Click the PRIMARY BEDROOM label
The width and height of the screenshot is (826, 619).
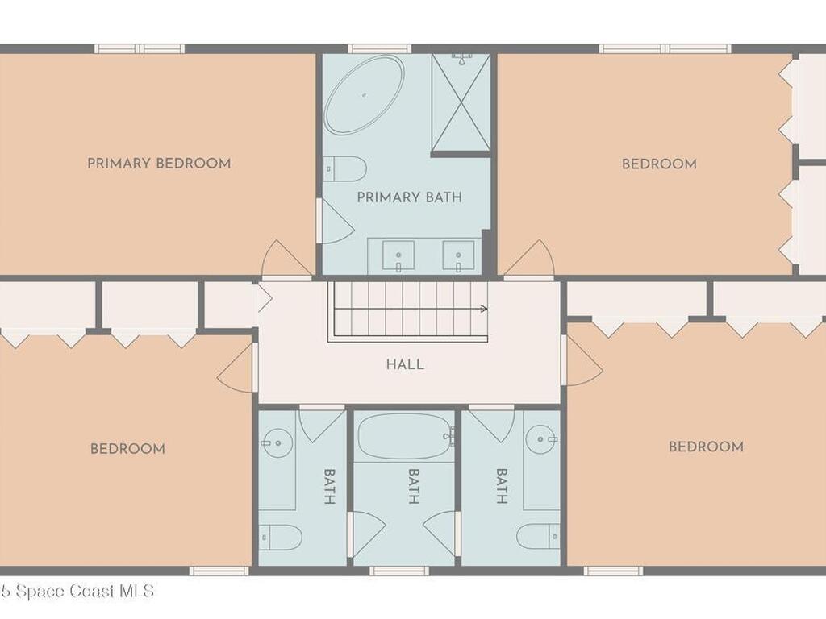click(x=159, y=164)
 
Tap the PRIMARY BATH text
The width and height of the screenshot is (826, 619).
click(x=409, y=197)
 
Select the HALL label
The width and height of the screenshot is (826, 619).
click(x=405, y=364)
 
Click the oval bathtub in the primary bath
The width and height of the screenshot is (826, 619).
click(x=363, y=94)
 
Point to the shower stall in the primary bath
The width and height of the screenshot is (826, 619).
click(x=461, y=102)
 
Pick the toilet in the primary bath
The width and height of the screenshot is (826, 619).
click(x=344, y=168)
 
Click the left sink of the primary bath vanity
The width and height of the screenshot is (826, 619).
click(x=398, y=256)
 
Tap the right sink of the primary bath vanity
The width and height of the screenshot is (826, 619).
click(x=458, y=256)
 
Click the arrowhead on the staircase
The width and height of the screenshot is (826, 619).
click(x=483, y=308)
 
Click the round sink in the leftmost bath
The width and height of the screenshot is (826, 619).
click(x=278, y=442)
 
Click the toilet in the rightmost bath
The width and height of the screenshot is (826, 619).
click(x=538, y=537)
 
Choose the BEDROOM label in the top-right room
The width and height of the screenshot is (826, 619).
click(x=659, y=164)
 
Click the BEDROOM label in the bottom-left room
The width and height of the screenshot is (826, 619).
click(x=127, y=449)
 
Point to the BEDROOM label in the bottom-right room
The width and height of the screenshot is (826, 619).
click(x=706, y=447)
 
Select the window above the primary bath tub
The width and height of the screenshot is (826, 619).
click(x=379, y=48)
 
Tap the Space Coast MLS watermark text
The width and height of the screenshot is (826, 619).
click(x=77, y=592)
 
